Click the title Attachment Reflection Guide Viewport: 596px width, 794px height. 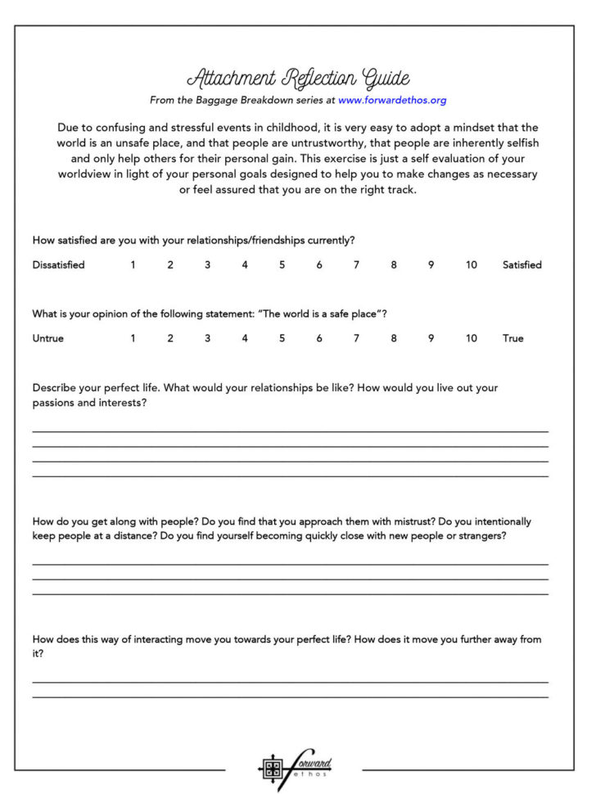coord(298,79)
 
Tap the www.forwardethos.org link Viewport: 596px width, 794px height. coord(391,101)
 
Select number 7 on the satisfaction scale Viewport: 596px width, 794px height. coord(356,265)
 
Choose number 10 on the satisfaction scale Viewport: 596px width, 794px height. coord(471,265)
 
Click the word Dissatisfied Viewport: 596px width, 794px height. coord(58,265)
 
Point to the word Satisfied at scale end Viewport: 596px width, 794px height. coord(521,265)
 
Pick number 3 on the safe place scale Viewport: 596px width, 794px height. coord(207,338)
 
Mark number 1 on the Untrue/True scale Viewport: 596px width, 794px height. coord(133,338)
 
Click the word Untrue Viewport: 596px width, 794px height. coord(47,338)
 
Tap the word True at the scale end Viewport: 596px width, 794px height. coord(512,338)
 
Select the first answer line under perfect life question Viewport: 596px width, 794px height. coord(290,431)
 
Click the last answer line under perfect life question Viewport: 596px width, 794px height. coord(290,475)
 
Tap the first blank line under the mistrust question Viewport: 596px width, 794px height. coord(290,564)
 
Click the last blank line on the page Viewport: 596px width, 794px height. coord(290,697)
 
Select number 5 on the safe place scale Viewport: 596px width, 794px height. coord(282,338)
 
